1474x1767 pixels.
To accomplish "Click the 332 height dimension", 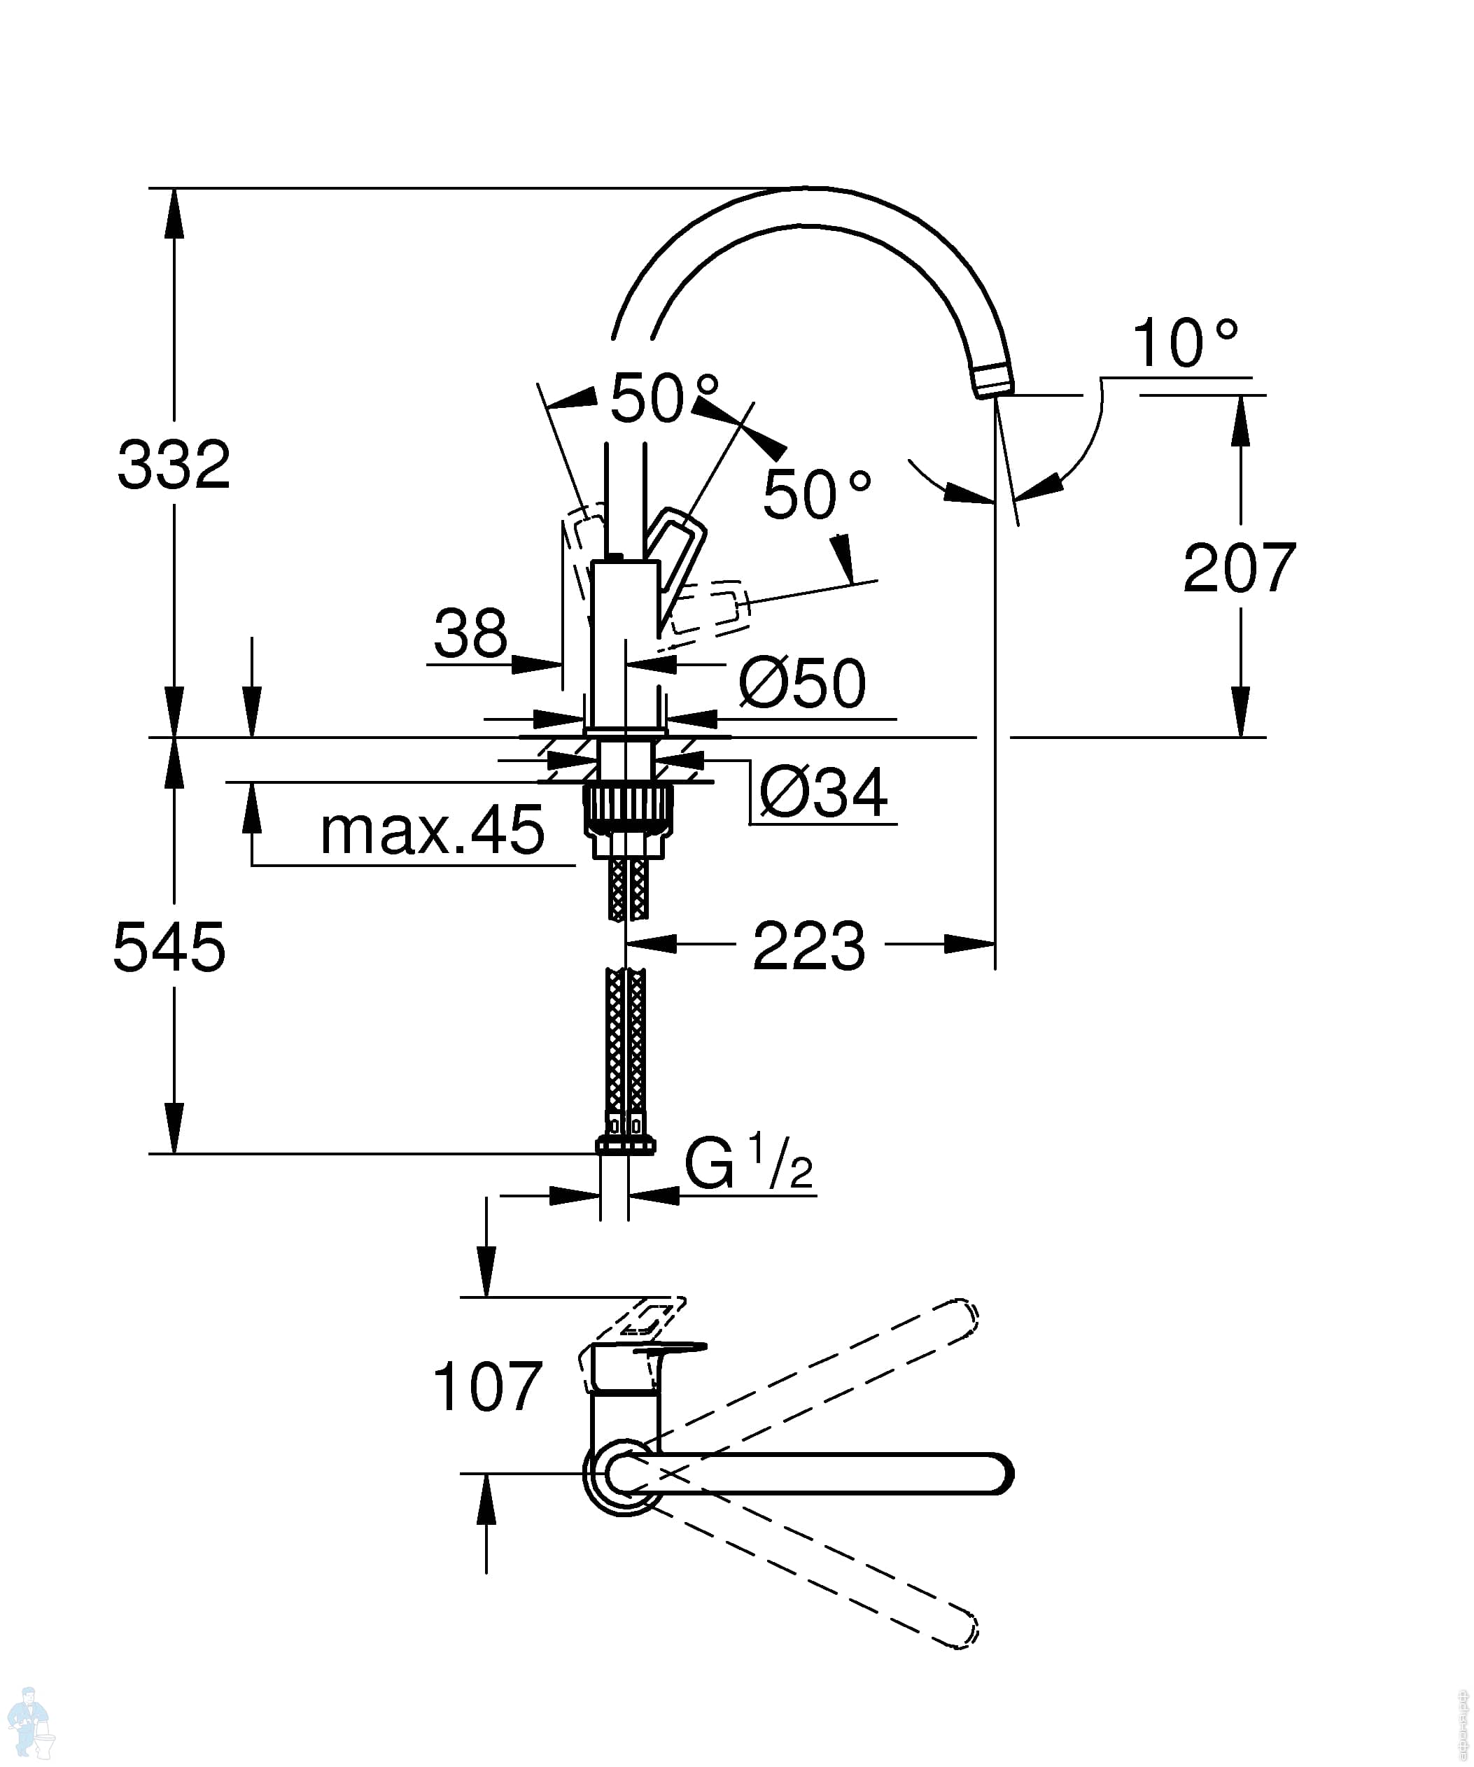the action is (x=174, y=464).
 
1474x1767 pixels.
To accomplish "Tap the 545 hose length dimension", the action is (x=169, y=947).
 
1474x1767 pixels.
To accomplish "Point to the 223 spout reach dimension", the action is (x=808, y=945).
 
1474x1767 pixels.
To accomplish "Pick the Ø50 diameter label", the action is (x=802, y=682).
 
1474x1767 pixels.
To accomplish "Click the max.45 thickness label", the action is (x=433, y=830).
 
